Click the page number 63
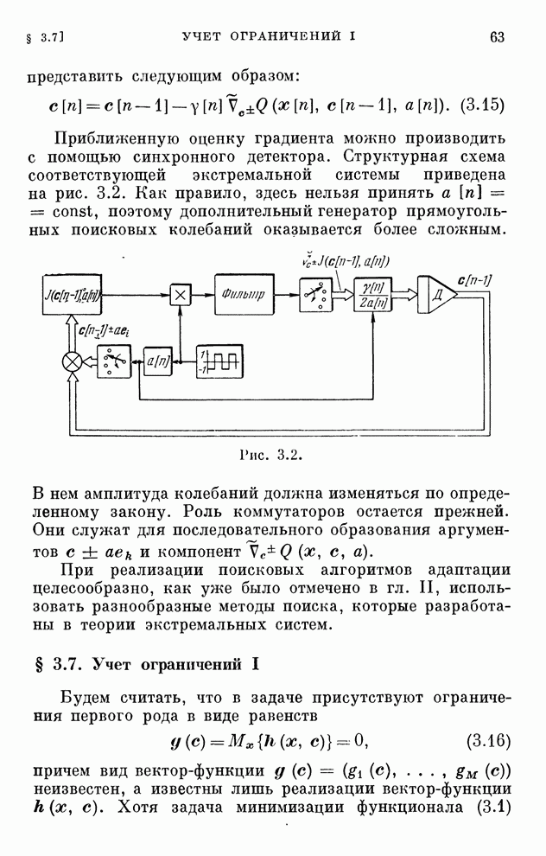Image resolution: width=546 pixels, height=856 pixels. (x=497, y=37)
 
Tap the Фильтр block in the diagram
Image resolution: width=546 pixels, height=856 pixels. (x=244, y=294)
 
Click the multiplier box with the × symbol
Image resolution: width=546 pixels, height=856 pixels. (x=180, y=295)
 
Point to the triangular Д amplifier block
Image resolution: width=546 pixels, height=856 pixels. (x=437, y=295)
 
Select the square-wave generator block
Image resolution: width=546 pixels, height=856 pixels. (x=219, y=361)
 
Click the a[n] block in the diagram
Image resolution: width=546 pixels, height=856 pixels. (x=157, y=361)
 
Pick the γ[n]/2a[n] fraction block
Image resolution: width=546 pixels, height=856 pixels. (x=372, y=295)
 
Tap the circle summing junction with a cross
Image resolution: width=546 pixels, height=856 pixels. (x=73, y=361)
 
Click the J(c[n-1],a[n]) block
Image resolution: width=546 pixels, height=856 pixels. (x=72, y=295)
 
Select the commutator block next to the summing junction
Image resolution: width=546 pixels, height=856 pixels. (x=114, y=361)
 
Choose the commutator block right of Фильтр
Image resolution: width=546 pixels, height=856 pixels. (x=315, y=295)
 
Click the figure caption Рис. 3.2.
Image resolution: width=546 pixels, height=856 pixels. (x=270, y=455)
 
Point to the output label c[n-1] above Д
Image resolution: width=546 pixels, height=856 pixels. (x=474, y=281)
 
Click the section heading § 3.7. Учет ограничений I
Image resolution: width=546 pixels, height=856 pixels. (x=146, y=664)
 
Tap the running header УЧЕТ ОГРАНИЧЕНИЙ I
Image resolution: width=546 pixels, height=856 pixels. (x=269, y=36)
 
